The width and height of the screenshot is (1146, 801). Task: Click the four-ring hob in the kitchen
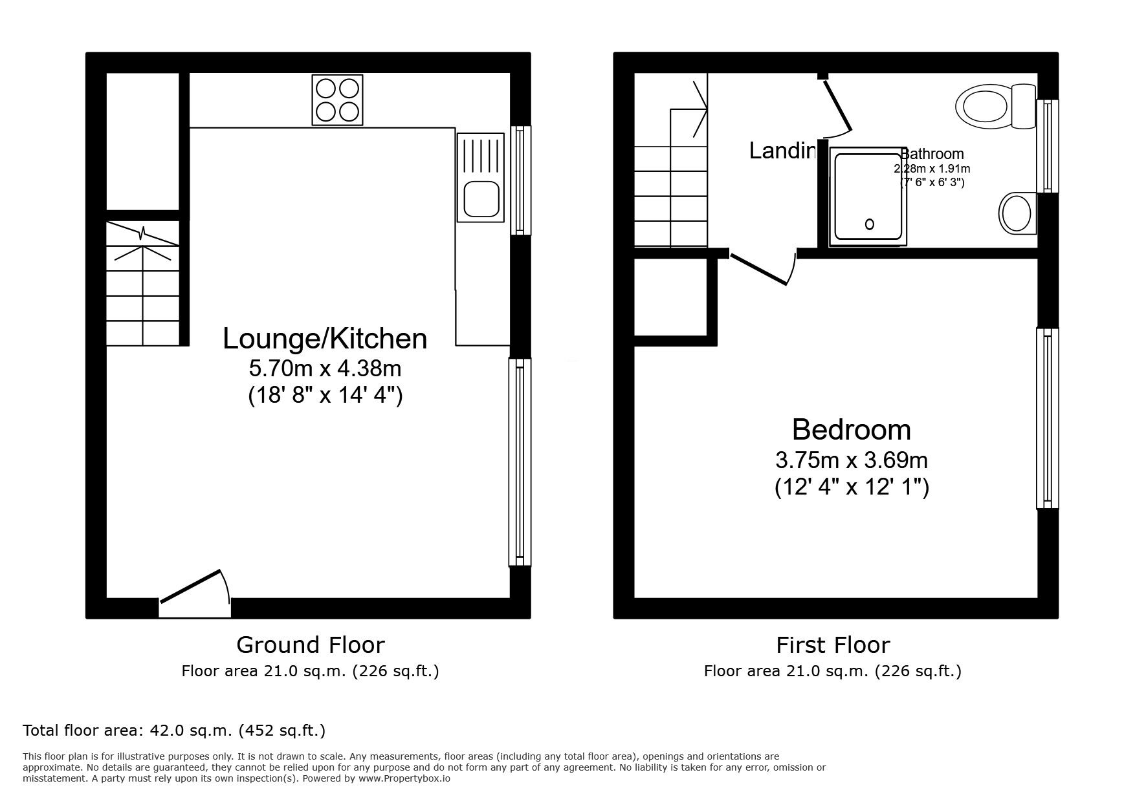click(337, 100)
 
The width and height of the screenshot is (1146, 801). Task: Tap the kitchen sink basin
click(479, 198)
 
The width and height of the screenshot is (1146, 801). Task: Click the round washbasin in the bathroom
click(1017, 213)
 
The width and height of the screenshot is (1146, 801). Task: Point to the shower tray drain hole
click(869, 224)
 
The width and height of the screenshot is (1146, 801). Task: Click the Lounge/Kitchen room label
click(325, 338)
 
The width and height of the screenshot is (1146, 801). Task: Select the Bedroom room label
click(851, 429)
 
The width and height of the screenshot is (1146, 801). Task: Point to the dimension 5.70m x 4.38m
click(325, 368)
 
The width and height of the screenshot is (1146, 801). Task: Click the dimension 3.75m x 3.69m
click(851, 460)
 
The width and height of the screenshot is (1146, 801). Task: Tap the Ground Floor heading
click(310, 645)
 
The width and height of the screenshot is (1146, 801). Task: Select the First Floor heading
click(833, 645)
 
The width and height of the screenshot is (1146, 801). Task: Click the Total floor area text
click(174, 731)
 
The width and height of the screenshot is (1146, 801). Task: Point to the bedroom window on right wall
click(1047, 418)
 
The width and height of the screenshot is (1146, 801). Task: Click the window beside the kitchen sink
click(520, 180)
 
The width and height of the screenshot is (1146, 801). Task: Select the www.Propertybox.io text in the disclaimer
click(404, 779)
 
